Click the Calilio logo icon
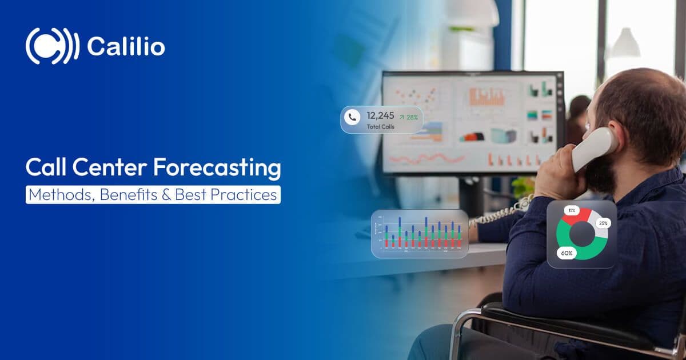52,46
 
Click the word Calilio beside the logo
126,46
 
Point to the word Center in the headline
107,169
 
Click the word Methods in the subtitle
61,195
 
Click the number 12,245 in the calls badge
380,115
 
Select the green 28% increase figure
409,117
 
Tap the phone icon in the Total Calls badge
353,117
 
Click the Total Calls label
380,126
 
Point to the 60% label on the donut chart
567,253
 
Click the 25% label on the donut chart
603,223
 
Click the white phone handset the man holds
595,147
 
